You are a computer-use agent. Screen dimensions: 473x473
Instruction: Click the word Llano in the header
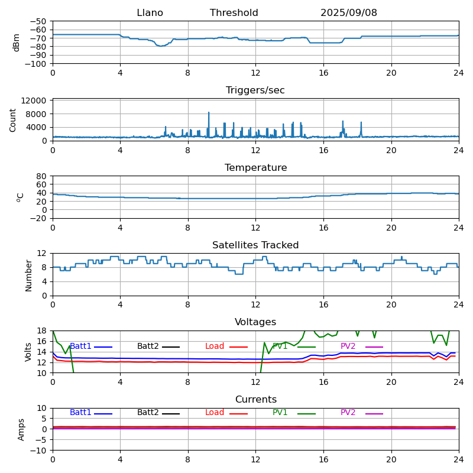click(x=150, y=13)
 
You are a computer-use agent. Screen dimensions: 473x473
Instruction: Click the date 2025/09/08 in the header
click(x=349, y=13)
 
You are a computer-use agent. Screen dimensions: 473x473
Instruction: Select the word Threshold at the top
click(x=234, y=13)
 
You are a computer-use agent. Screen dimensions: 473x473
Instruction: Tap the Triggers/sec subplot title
click(x=255, y=90)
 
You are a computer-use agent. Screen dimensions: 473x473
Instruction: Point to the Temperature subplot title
click(x=255, y=168)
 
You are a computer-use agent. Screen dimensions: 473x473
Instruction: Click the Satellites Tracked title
click(x=255, y=245)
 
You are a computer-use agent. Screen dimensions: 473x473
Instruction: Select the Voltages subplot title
click(x=255, y=322)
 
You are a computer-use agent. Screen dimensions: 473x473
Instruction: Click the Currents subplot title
click(x=255, y=400)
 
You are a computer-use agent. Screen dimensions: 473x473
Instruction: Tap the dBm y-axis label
click(x=17, y=42)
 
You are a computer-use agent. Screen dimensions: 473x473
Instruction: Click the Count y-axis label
click(x=13, y=119)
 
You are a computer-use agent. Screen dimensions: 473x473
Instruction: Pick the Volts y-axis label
click(x=28, y=351)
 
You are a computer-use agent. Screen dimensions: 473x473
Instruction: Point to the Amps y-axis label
click(x=21, y=429)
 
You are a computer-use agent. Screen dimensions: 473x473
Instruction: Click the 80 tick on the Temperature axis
click(x=42, y=176)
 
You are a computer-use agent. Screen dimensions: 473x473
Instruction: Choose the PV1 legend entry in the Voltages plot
click(x=280, y=346)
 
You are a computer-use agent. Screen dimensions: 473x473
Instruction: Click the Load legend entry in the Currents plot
click(x=215, y=413)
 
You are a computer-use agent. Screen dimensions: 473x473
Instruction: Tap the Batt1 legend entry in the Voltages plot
click(x=80, y=346)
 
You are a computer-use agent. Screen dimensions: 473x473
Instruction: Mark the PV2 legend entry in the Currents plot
click(x=348, y=413)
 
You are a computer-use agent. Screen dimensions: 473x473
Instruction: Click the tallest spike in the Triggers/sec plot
click(x=209, y=112)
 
